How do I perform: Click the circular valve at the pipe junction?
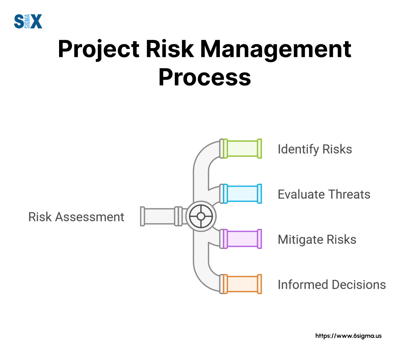[x=201, y=216]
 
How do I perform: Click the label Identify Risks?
[x=315, y=149]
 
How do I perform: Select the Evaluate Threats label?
[x=324, y=194]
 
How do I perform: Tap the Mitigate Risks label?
[x=317, y=240]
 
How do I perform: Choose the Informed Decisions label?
[x=332, y=285]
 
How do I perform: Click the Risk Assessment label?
[x=76, y=217]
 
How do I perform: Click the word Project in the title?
[x=99, y=49]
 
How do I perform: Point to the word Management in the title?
[x=275, y=49]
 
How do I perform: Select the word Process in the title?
[x=205, y=77]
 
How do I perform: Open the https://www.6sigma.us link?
[x=348, y=336]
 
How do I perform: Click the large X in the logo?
[x=36, y=21]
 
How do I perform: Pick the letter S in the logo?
[x=19, y=21]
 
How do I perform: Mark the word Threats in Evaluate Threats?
[x=349, y=194]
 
